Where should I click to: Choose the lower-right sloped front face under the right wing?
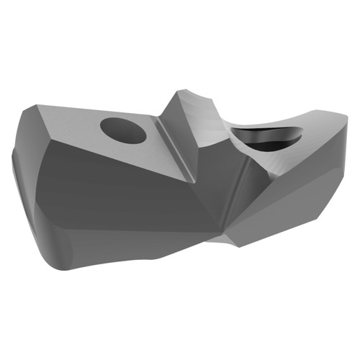pyautogui.click(x=288, y=202)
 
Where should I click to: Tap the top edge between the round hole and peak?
pyautogui.click(x=155, y=115)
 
